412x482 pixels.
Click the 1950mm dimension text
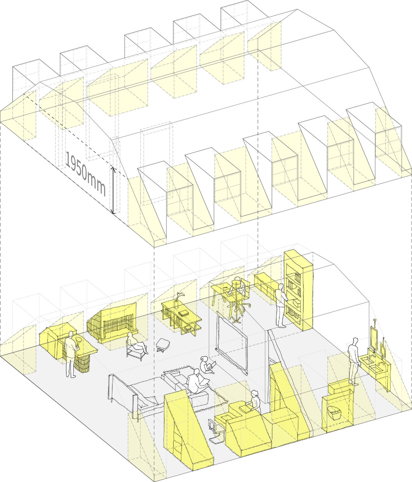tap(86, 174)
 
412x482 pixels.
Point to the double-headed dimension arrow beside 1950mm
tap(113, 190)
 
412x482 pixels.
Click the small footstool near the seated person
tap(162, 345)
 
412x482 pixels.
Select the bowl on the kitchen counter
tap(78, 340)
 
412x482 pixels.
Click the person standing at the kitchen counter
tap(72, 354)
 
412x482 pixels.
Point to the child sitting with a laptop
tap(205, 365)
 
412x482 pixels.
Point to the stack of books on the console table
tap(184, 313)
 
